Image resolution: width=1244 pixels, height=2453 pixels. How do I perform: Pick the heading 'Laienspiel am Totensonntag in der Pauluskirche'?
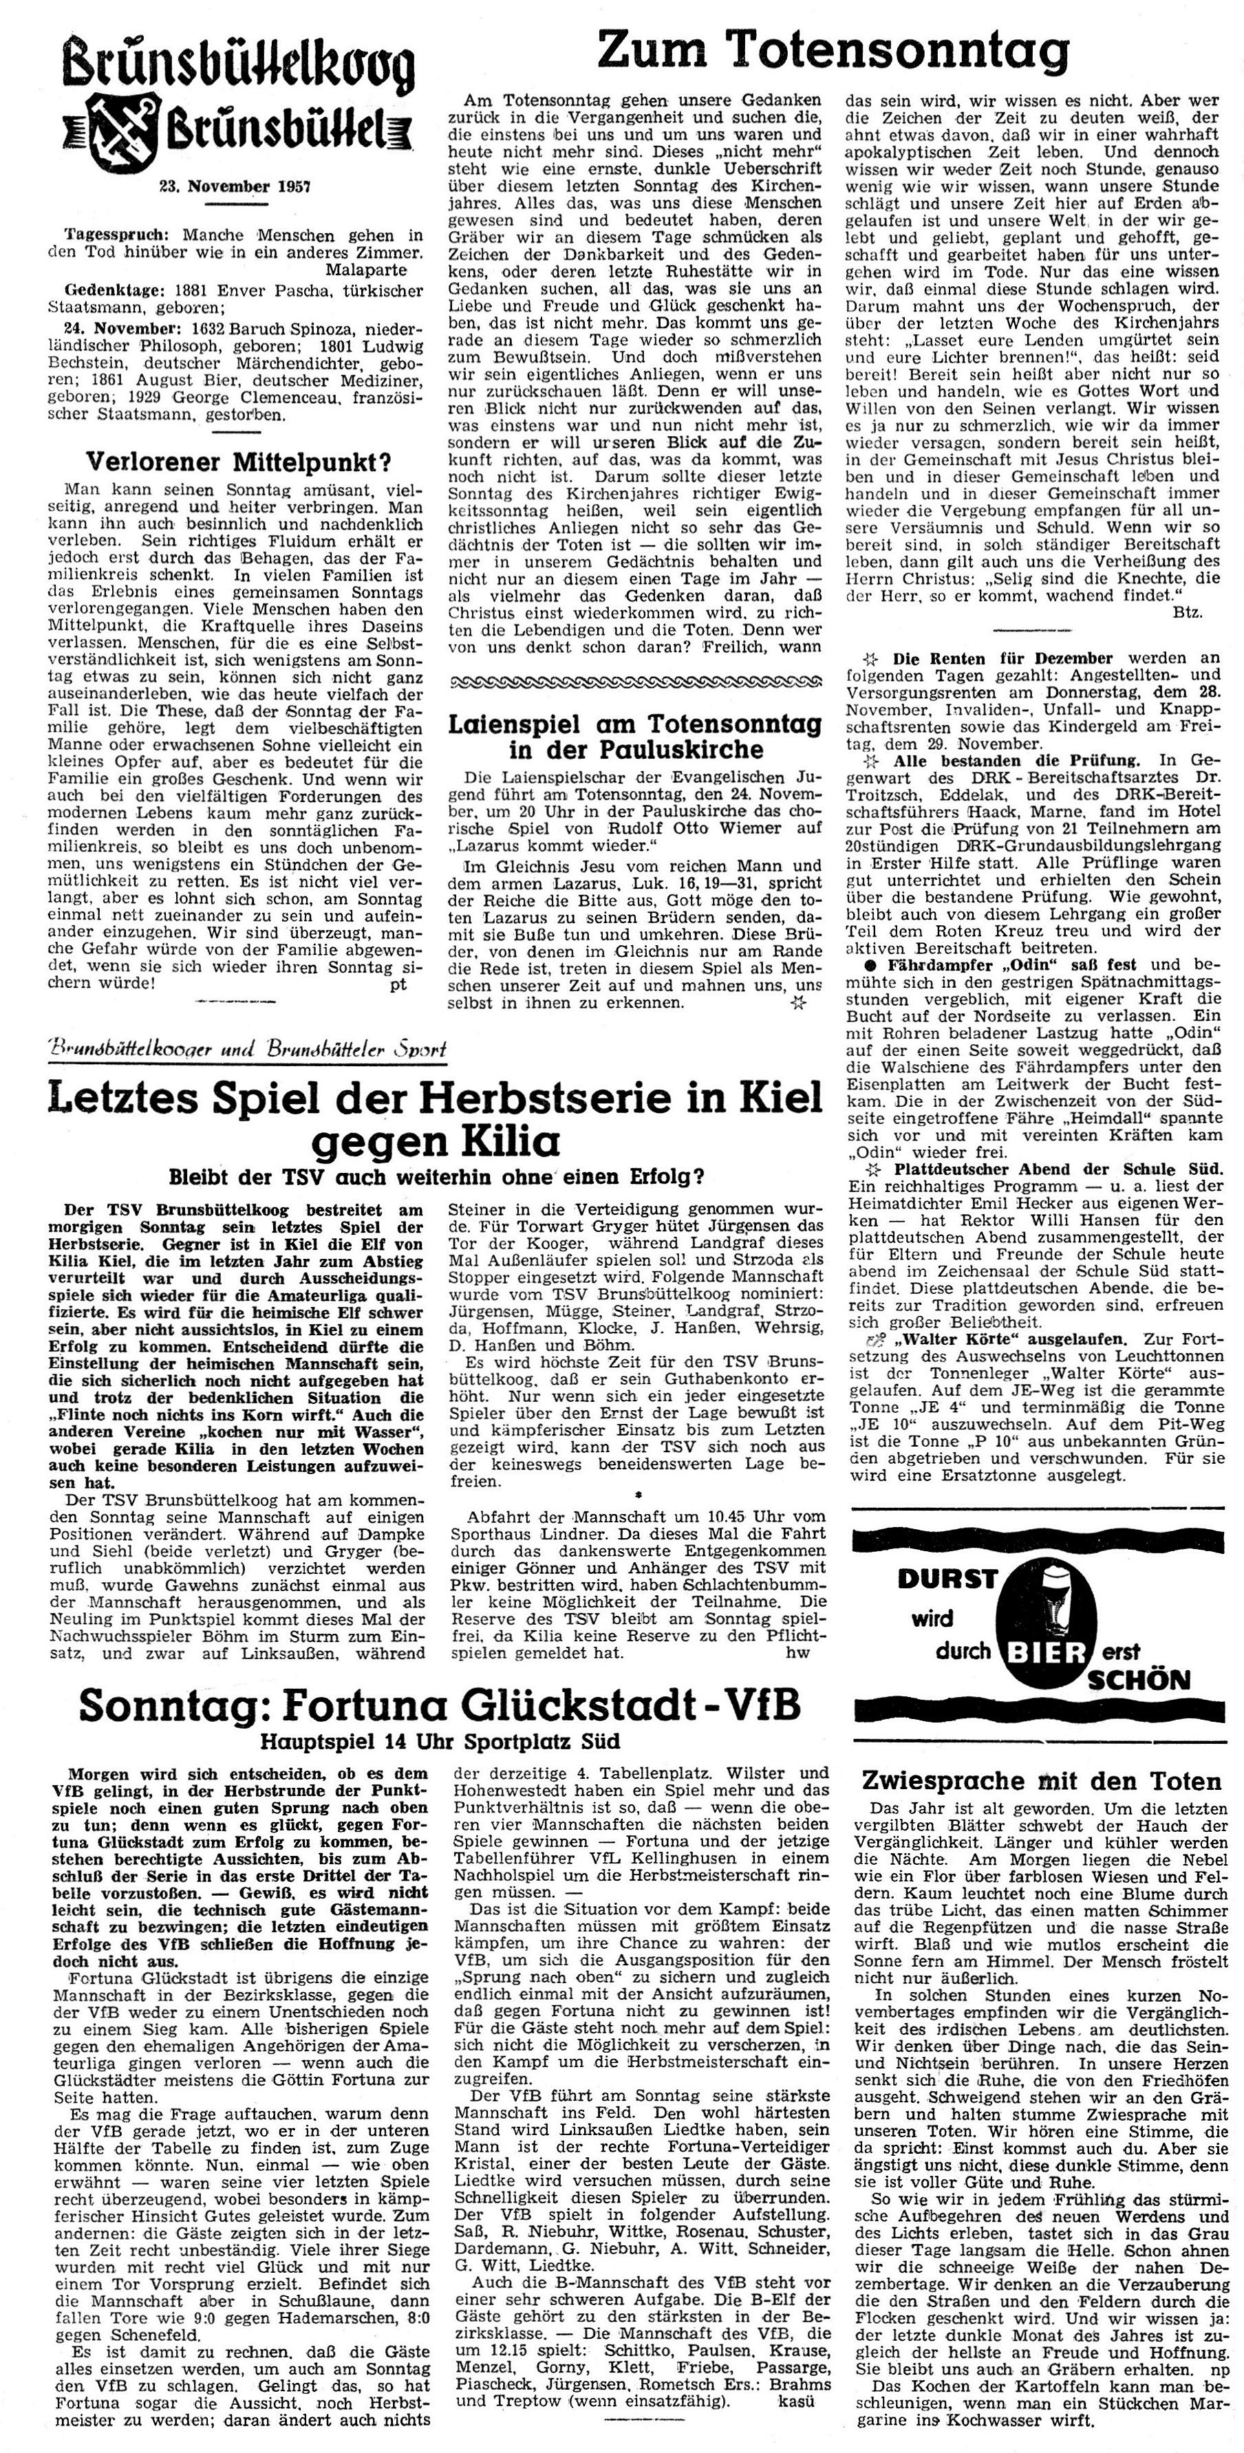click(634, 735)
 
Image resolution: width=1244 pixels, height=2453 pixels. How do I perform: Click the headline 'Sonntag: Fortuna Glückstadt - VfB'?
click(439, 1705)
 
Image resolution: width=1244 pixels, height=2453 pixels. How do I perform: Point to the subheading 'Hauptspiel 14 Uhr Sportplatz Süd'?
click(441, 1742)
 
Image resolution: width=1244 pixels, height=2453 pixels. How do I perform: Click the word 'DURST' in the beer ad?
click(946, 1579)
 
